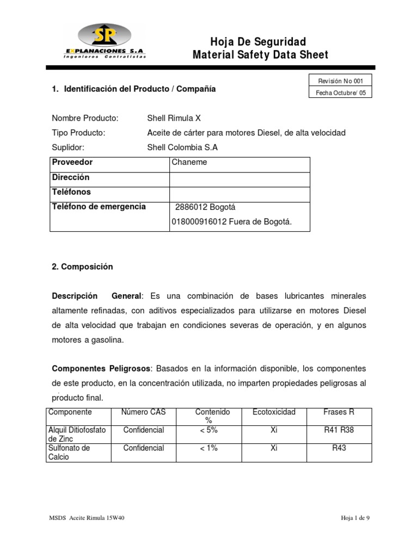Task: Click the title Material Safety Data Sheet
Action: [x=260, y=55]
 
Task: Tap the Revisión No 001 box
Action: [x=340, y=81]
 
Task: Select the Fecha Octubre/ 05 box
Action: [x=340, y=93]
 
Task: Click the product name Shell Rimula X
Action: [x=174, y=118]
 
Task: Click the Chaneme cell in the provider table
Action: [x=189, y=162]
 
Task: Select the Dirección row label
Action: [x=71, y=177]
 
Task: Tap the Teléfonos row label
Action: [x=71, y=192]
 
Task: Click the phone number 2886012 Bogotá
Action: [x=205, y=207]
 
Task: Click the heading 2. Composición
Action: [x=82, y=267]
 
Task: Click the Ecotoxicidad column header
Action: [x=274, y=412]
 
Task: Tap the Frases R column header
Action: [x=339, y=412]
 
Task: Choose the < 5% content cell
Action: [x=208, y=430]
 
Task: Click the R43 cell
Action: [x=339, y=448]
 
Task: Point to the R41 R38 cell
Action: [x=339, y=430]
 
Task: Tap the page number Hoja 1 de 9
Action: [x=352, y=518]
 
